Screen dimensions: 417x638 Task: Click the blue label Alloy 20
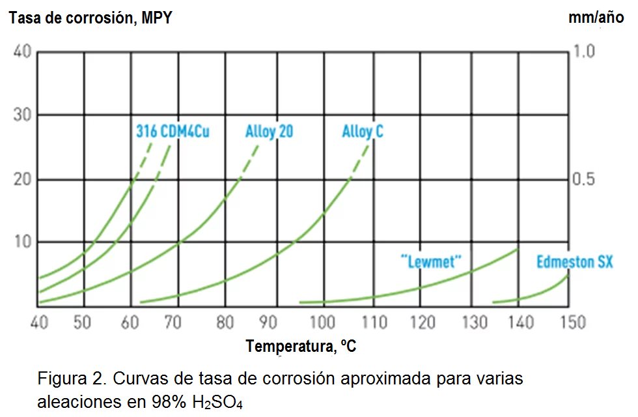(269, 132)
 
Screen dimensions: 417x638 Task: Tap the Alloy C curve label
(363, 132)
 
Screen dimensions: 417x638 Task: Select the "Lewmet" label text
(431, 262)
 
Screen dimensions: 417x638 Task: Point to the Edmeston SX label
(566, 263)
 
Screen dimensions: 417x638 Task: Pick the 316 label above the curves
(146, 132)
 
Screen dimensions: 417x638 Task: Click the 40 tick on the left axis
(21, 52)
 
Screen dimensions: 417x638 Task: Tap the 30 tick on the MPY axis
(21, 115)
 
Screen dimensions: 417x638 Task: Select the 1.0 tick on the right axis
(585, 52)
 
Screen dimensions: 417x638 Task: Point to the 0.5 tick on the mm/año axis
(585, 179)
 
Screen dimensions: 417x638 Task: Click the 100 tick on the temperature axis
(323, 322)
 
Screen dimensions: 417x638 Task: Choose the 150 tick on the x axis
(572, 322)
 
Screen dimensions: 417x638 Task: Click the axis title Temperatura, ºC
(301, 347)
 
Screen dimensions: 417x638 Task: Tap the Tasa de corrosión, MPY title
(90, 18)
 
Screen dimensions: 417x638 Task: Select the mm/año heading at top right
(596, 18)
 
